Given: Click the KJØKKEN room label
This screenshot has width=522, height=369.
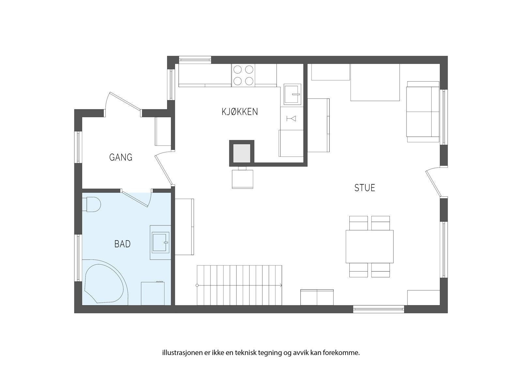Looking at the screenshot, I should [x=240, y=112].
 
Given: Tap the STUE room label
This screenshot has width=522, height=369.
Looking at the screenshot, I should [x=365, y=188].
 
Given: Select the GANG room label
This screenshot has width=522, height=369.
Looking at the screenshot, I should [x=121, y=157].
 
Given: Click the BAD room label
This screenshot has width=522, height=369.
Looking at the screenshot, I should [x=122, y=244].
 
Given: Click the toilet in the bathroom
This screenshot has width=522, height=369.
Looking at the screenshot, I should [x=92, y=204].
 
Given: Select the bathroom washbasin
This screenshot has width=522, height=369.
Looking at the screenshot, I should [x=161, y=242].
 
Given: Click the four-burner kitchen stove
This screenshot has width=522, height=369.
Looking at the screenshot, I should [x=243, y=75].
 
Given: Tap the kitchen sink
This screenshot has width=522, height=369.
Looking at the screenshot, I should [x=292, y=94].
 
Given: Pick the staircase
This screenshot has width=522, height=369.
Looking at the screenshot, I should [x=239, y=285].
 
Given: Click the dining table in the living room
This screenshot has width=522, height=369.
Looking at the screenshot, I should [x=369, y=246].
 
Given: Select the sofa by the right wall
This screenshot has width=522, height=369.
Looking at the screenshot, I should [x=422, y=112].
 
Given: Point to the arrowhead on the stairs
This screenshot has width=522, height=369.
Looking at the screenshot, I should [x=281, y=285].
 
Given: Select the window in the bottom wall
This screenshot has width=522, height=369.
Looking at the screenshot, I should [x=379, y=309].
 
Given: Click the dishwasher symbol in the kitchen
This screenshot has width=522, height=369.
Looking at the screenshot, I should [x=291, y=118].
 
